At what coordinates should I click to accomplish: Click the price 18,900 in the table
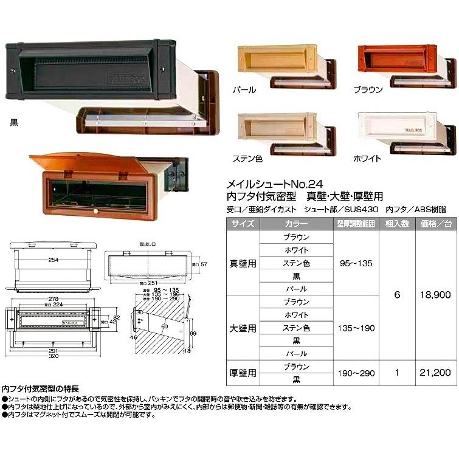pyautogui.click(x=435, y=294)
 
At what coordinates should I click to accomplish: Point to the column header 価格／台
pyautogui.click(x=435, y=224)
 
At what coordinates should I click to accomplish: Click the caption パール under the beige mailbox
pyautogui.click(x=244, y=90)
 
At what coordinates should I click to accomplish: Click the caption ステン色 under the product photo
pyautogui.click(x=247, y=159)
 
